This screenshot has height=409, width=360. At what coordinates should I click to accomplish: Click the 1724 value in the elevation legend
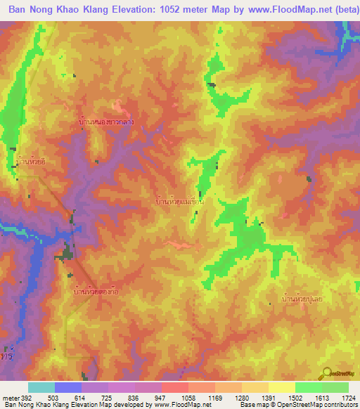click(x=348, y=397)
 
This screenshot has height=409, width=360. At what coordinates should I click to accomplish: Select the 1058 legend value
click(x=188, y=397)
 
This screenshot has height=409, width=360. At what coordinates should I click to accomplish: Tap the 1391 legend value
click(x=268, y=397)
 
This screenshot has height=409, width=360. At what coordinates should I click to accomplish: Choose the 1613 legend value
click(x=321, y=397)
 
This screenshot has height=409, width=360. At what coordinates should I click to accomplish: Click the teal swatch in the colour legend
click(x=41, y=387)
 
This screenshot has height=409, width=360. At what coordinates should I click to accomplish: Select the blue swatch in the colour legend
click(x=67, y=387)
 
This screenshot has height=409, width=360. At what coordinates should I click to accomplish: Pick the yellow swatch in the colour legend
click(x=281, y=387)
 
